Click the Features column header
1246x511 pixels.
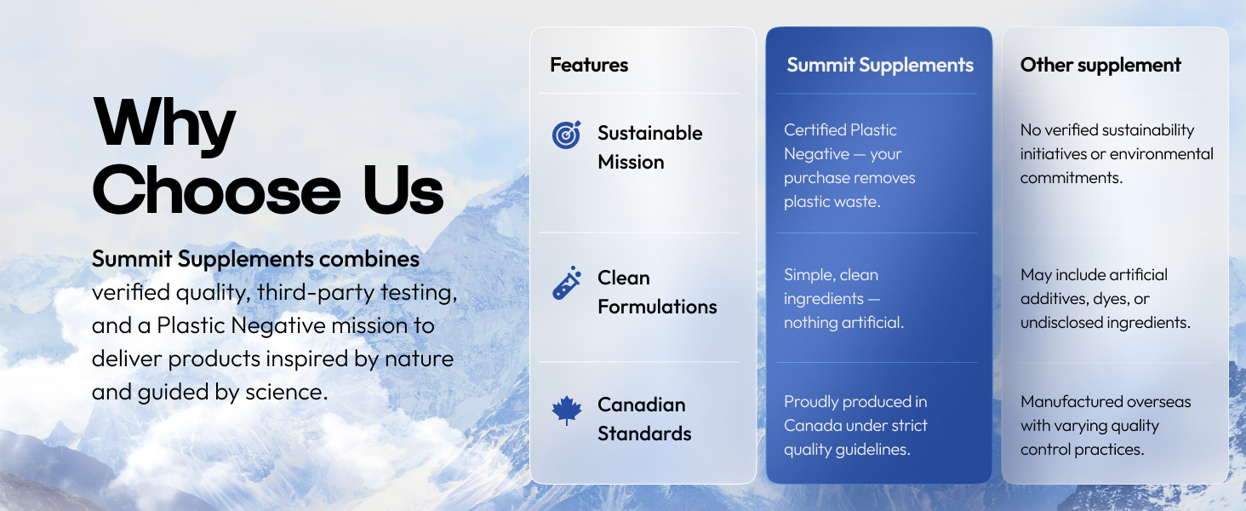[589, 65]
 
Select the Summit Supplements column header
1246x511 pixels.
[879, 65]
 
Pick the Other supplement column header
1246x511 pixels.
[1100, 65]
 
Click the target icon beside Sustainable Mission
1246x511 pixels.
[567, 135]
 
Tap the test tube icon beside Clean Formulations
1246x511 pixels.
[567, 284]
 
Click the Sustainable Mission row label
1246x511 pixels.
[649, 147]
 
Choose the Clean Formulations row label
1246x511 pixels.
[656, 292]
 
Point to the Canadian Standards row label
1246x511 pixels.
[643, 419]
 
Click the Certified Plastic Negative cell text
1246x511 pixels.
[849, 166]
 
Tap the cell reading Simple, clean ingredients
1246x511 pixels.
[843, 299]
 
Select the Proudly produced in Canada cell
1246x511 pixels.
[855, 425]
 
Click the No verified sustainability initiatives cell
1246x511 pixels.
[1116, 154]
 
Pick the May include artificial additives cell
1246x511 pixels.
[1105, 299]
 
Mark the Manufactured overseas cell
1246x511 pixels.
[1105, 425]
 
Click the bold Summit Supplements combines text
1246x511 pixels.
[255, 259]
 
